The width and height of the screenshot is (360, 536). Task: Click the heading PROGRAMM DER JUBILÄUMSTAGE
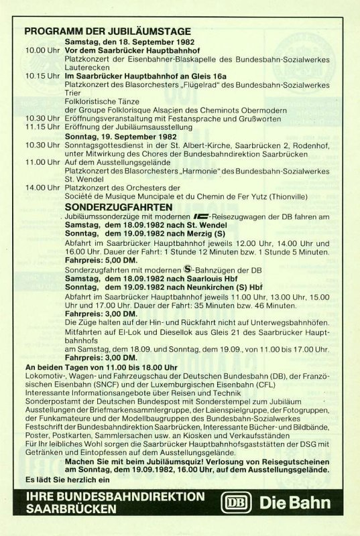[x=107, y=31]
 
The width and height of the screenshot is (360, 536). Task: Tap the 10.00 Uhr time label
[x=42, y=50]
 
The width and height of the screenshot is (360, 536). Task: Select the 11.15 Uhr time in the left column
[x=42, y=126]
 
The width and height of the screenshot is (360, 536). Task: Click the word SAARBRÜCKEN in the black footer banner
[x=67, y=509]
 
